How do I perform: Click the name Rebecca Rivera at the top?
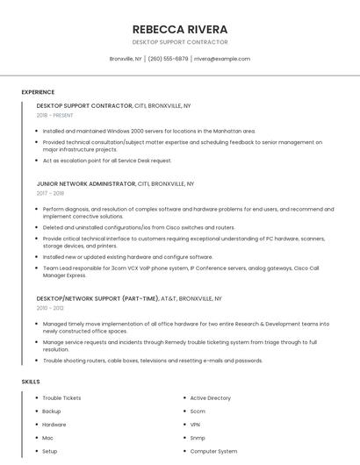click(x=179, y=29)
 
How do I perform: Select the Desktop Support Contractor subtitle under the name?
click(x=179, y=42)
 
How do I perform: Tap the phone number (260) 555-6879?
click(x=168, y=59)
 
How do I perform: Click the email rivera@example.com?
click(x=222, y=59)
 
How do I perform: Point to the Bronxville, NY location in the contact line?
click(x=126, y=59)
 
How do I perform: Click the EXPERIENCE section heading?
click(x=38, y=92)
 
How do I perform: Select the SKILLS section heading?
click(x=31, y=382)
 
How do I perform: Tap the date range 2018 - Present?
click(x=55, y=115)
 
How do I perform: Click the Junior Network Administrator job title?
click(x=86, y=184)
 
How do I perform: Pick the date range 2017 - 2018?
click(x=51, y=193)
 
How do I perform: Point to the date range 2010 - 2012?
click(x=50, y=308)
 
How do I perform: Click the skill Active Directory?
click(x=211, y=397)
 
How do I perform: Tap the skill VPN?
click(x=196, y=424)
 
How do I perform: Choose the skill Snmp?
click(x=198, y=437)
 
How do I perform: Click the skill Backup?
click(x=52, y=411)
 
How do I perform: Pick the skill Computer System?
click(x=213, y=451)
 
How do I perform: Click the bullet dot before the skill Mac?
click(x=36, y=437)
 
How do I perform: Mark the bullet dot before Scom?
click(x=184, y=411)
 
